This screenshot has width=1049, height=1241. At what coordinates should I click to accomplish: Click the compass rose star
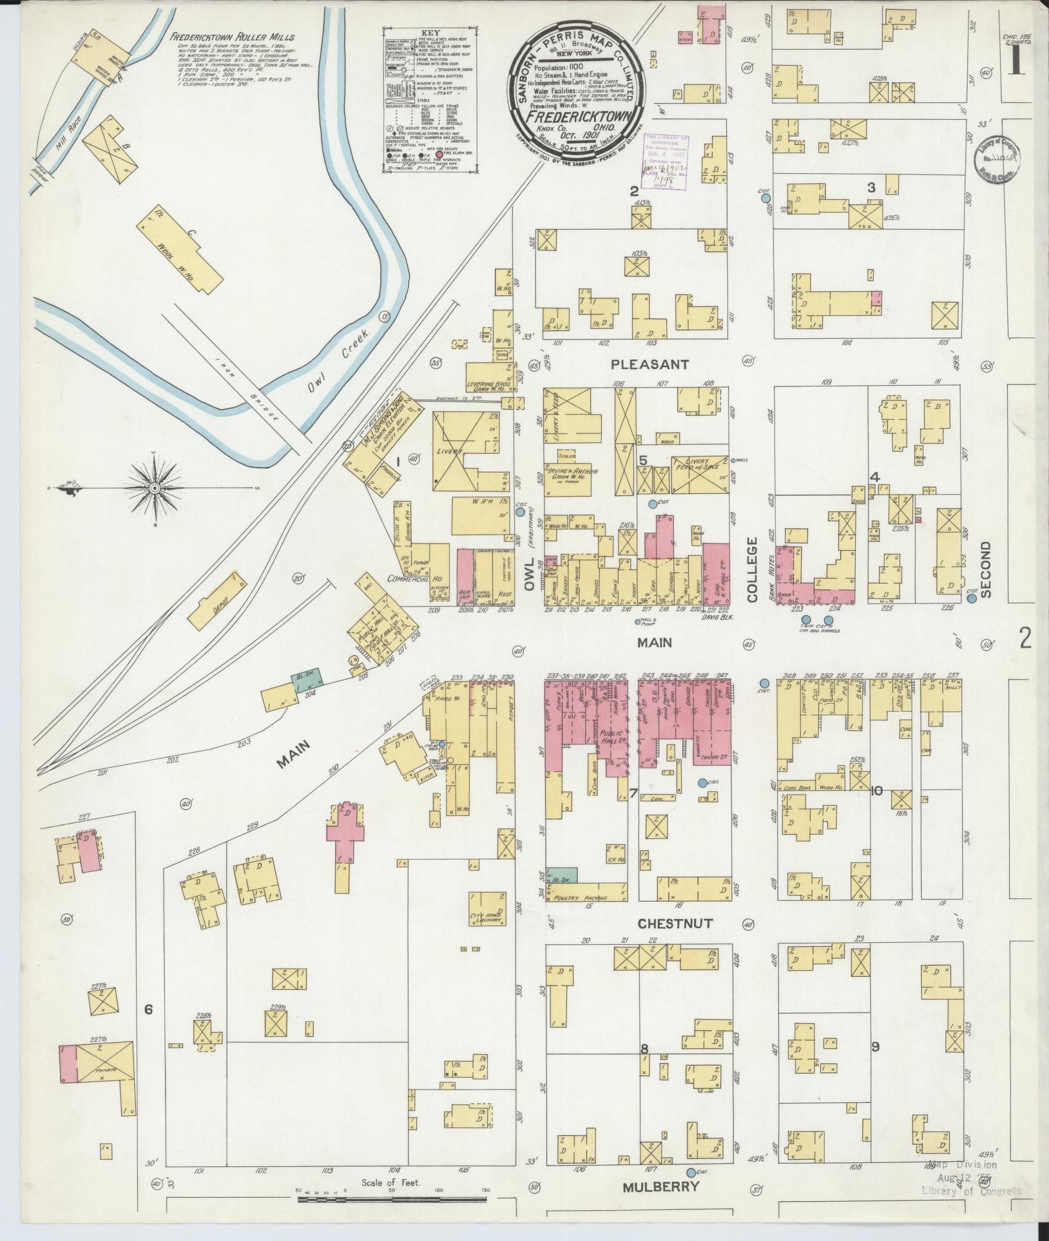155,489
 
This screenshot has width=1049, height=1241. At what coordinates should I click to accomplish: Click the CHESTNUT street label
675,924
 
